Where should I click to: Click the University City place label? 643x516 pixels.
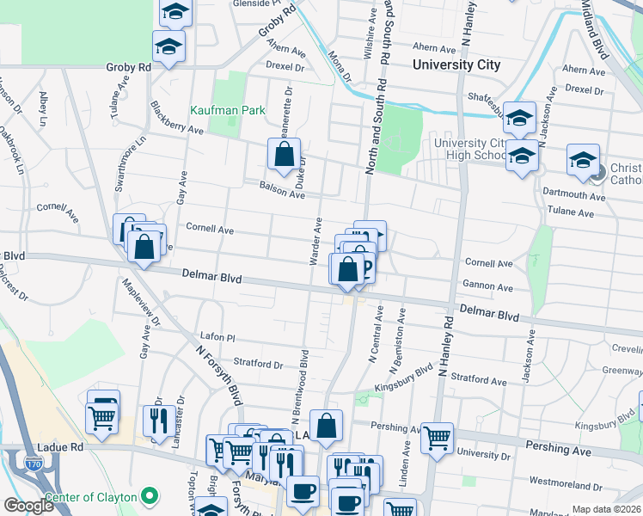(456, 64)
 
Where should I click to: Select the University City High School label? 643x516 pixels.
(470, 149)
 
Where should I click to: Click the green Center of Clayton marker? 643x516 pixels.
(150, 496)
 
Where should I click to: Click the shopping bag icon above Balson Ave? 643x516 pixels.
(284, 155)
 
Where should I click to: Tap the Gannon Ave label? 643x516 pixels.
(488, 287)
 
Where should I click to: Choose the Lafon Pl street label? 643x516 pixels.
(217, 338)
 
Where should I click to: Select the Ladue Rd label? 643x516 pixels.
(59, 448)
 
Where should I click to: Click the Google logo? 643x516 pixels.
(28, 506)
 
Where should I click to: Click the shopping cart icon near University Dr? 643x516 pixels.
(438, 438)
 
